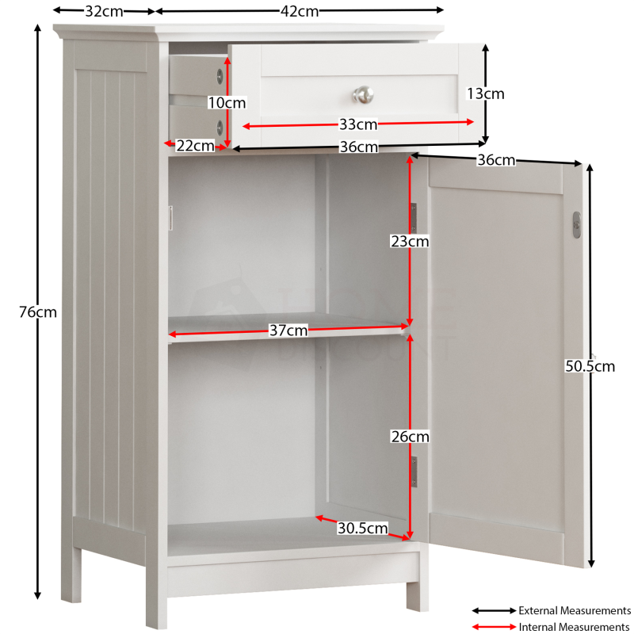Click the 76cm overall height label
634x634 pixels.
pos(38,312)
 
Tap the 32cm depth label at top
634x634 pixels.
pos(104,11)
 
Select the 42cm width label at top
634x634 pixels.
pos(300,11)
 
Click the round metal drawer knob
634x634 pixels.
pos(363,94)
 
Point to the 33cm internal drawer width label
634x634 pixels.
pos(358,124)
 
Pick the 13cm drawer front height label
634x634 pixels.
pos(486,94)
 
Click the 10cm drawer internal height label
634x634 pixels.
pos(227,103)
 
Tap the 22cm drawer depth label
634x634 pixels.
pos(195,146)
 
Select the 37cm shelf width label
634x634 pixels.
pos(288,330)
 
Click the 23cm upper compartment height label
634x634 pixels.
pos(410,242)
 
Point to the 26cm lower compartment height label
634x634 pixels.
pos(410,437)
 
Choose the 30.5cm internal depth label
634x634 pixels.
pos(363,528)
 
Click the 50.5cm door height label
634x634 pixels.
pos(590,366)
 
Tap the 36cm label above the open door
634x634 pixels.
pos(496,160)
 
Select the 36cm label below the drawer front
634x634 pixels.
pos(359,147)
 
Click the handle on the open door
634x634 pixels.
pos(577,225)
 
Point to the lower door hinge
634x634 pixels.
pos(414,472)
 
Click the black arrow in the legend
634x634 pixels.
pos(494,610)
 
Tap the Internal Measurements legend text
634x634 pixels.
pos(575,627)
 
